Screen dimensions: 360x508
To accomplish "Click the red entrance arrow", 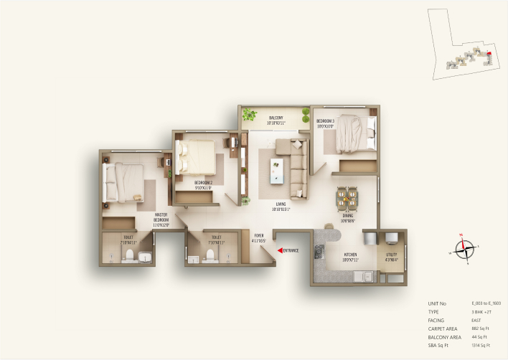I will tap(279, 250).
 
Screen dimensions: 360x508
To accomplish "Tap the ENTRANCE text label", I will tap(291, 250).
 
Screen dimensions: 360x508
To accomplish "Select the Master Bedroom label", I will tap(161, 219).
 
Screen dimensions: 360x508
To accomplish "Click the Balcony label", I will tap(276, 120).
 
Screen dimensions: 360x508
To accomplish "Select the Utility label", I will tap(391, 256).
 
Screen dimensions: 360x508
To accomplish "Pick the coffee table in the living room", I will tap(276, 170).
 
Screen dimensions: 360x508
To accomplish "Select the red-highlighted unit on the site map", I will tap(489, 52).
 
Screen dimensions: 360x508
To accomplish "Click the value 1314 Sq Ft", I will tap(481, 345).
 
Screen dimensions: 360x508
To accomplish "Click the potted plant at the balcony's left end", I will tap(250, 114).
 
